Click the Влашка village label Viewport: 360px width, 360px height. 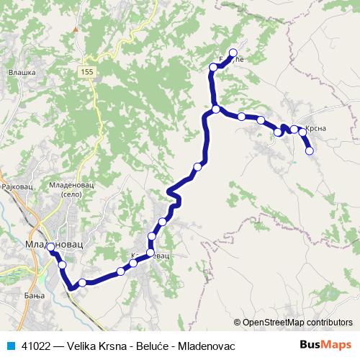click(x=17, y=72)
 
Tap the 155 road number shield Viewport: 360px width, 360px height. click(x=87, y=72)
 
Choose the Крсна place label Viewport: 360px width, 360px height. click(x=317, y=128)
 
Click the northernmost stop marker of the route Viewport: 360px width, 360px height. click(x=233, y=52)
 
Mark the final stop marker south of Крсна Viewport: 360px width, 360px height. click(x=310, y=150)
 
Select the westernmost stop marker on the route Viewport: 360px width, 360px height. click(x=51, y=248)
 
